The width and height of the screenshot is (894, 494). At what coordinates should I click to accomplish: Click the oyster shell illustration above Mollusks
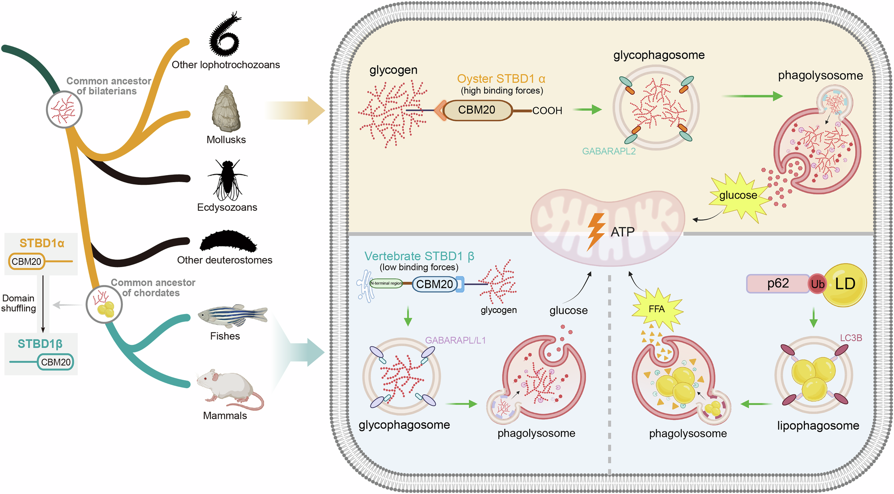(x=226, y=109)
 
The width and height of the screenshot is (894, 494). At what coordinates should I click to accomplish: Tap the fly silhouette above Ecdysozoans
(x=227, y=180)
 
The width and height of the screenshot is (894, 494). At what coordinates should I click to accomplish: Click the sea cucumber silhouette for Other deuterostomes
(x=228, y=242)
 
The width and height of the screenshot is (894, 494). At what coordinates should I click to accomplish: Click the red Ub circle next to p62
(x=817, y=284)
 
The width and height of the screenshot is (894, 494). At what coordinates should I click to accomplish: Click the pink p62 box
(x=778, y=284)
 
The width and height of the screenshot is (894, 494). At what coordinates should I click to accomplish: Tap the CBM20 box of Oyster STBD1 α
(x=477, y=110)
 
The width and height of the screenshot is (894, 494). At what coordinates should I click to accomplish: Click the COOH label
(x=547, y=111)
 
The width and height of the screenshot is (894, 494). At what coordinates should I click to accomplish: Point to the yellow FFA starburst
(x=657, y=309)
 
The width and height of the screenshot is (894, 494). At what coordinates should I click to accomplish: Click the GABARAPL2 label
(x=608, y=151)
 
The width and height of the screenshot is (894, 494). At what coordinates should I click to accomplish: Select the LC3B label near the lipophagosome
(x=851, y=338)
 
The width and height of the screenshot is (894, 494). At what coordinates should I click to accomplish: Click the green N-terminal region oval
(x=386, y=283)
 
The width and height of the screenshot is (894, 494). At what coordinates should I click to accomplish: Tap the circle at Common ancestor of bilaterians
(x=64, y=109)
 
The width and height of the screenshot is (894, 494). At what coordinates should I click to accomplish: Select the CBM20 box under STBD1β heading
(x=55, y=362)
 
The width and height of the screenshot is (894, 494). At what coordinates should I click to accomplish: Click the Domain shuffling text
(x=18, y=303)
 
